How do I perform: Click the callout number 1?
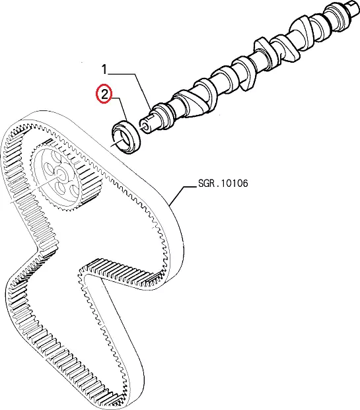point(104,69)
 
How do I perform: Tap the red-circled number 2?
point(104,94)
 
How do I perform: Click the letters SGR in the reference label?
point(206,183)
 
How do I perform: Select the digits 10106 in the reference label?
point(234,183)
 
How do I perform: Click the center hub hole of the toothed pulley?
point(61,174)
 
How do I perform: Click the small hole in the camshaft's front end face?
point(144,125)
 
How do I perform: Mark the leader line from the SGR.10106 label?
point(182,195)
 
